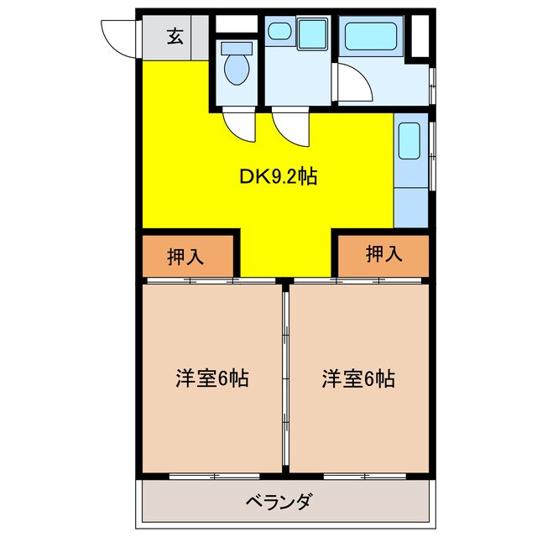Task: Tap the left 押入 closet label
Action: [185, 257]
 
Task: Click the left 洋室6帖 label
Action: [211, 378]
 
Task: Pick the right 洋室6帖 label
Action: [358, 378]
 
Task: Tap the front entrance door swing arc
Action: [116, 38]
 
